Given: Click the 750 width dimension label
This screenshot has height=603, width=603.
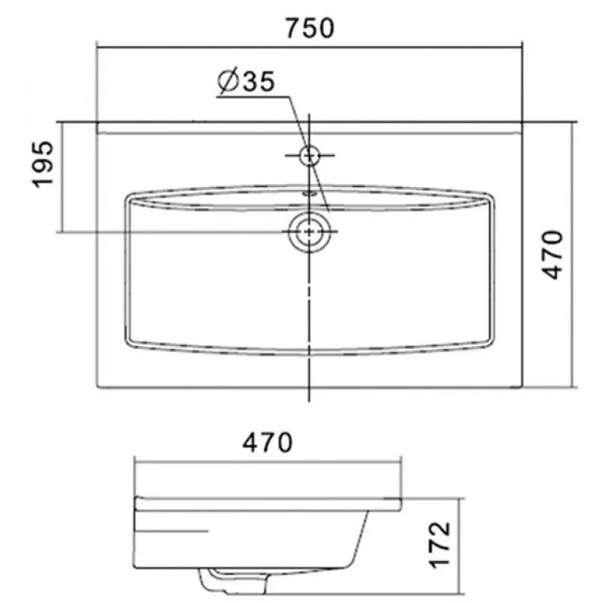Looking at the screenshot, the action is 310,28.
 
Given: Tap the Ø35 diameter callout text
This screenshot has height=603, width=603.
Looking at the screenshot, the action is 246,81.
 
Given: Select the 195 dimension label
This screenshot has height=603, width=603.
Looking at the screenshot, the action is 43,164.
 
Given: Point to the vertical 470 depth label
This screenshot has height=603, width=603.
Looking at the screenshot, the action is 552,255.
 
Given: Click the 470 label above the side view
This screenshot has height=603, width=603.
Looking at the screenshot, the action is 268,442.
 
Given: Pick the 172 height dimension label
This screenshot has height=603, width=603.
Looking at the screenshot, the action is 439,544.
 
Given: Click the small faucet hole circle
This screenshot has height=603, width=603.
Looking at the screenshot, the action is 309,156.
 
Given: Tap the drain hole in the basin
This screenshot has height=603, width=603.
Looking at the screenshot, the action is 309,231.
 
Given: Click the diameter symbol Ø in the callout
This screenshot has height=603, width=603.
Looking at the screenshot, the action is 228,82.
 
